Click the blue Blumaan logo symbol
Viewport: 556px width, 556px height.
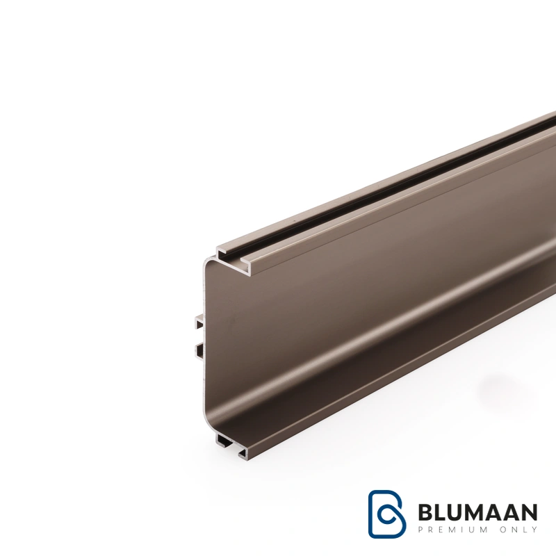[x=386, y=514]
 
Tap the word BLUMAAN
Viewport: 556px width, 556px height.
[x=478, y=512]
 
